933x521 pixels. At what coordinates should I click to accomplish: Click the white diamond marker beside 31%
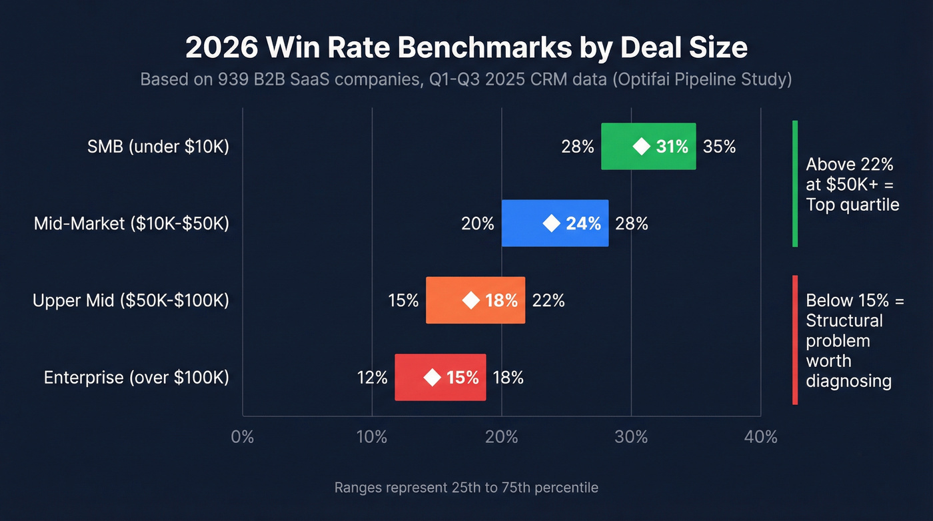pyautogui.click(x=641, y=147)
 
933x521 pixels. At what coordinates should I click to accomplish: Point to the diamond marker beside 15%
pyautogui.click(x=433, y=378)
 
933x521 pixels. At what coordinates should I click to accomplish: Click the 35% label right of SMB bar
pyautogui.click(x=719, y=147)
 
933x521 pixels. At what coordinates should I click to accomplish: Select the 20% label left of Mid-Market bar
pyautogui.click(x=478, y=223)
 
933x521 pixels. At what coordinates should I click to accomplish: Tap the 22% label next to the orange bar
pyautogui.click(x=548, y=301)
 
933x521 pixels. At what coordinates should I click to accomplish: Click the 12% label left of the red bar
pyautogui.click(x=371, y=378)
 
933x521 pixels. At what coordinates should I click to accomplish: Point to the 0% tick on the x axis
pyautogui.click(x=243, y=437)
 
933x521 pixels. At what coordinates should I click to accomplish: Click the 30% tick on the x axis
pyautogui.click(x=631, y=437)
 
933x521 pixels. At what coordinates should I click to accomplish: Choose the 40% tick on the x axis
pyautogui.click(x=760, y=437)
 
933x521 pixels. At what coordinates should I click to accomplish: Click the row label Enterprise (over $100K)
pyautogui.click(x=137, y=378)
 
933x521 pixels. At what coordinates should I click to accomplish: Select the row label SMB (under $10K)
pyautogui.click(x=158, y=147)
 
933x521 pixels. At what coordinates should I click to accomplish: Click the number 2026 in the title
pyautogui.click(x=219, y=48)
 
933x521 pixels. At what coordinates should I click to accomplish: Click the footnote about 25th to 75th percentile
pyautogui.click(x=466, y=488)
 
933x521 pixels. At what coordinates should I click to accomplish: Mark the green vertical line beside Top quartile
pyautogui.click(x=795, y=183)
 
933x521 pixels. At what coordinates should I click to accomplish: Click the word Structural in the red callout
pyautogui.click(x=844, y=321)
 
